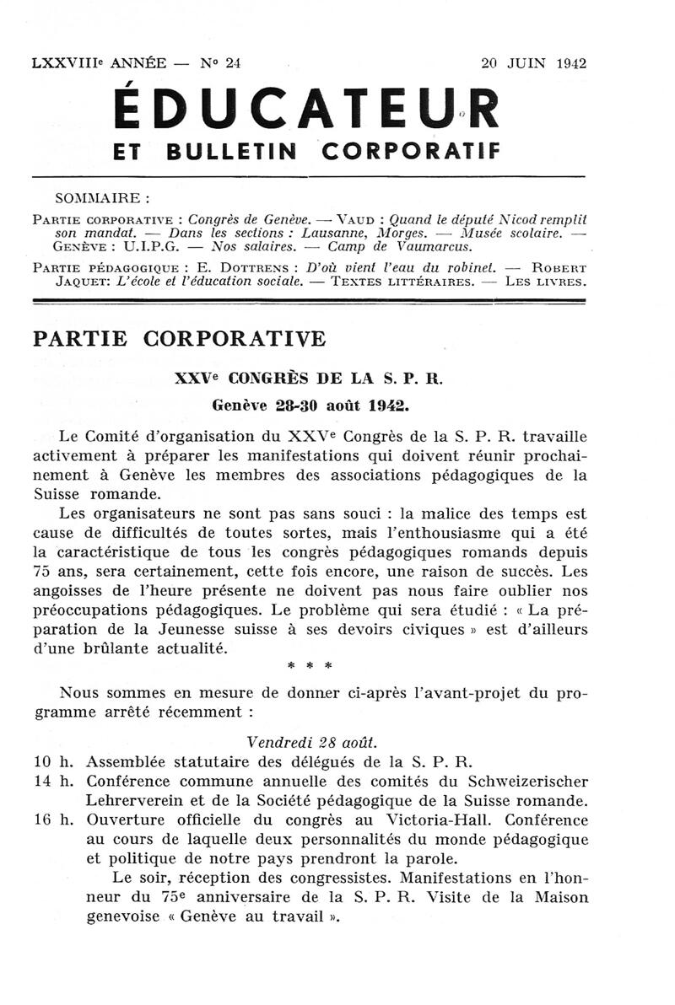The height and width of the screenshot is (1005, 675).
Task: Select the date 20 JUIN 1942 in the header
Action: tap(533, 63)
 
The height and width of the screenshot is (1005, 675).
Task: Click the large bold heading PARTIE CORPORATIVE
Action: tap(178, 339)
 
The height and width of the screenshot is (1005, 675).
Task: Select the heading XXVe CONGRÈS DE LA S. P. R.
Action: tap(308, 379)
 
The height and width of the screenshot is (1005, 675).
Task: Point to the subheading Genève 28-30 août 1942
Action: tap(310, 405)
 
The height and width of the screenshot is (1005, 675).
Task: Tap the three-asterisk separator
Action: tap(310, 665)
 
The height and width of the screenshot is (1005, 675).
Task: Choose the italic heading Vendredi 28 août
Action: tap(312, 743)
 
